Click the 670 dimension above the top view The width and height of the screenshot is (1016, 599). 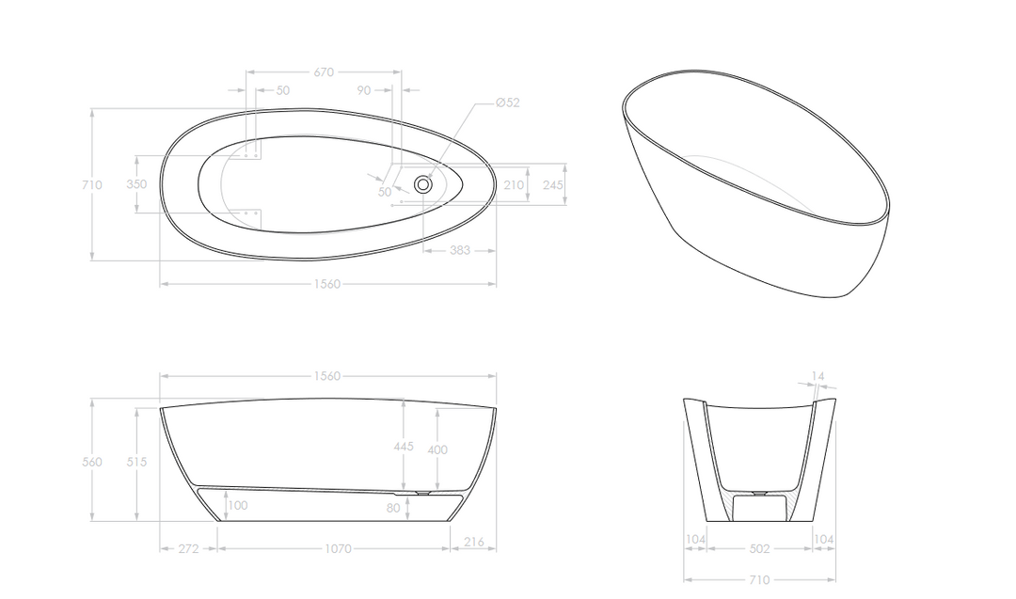[x=324, y=71]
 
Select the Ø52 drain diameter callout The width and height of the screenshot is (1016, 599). [x=507, y=102]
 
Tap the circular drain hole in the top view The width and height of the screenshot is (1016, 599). [x=423, y=184]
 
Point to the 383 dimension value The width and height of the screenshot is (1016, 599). [x=459, y=250]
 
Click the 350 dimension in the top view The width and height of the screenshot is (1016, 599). [x=136, y=184]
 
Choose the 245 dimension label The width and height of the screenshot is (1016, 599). [x=553, y=185]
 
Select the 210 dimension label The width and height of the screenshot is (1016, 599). [x=514, y=185]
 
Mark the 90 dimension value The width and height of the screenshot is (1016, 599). [x=364, y=90]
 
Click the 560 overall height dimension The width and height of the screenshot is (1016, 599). [x=92, y=462]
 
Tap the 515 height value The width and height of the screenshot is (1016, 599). [x=136, y=462]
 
